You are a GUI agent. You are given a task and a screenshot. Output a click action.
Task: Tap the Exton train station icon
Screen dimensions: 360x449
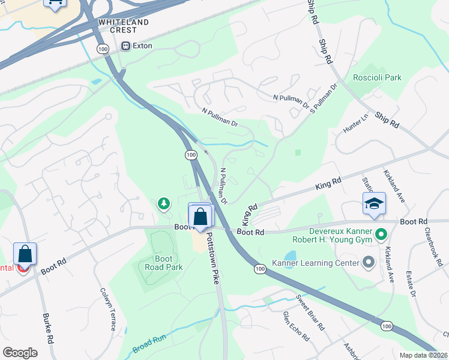click(126, 46)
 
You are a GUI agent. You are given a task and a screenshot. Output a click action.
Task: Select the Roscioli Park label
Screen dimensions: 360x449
click(377, 77)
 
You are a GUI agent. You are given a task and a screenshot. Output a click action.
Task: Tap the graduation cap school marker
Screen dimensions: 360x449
click(373, 205)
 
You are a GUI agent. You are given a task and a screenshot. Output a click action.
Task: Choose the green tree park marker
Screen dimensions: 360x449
click(163, 205)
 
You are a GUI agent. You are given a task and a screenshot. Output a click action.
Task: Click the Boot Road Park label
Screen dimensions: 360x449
click(160, 263)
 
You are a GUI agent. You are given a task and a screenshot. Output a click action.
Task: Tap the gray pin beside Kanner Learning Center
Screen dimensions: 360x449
click(369, 262)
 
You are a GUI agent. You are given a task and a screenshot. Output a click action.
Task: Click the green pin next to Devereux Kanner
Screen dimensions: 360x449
click(380, 233)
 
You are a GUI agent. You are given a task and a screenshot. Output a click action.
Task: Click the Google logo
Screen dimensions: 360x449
click(20, 353)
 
